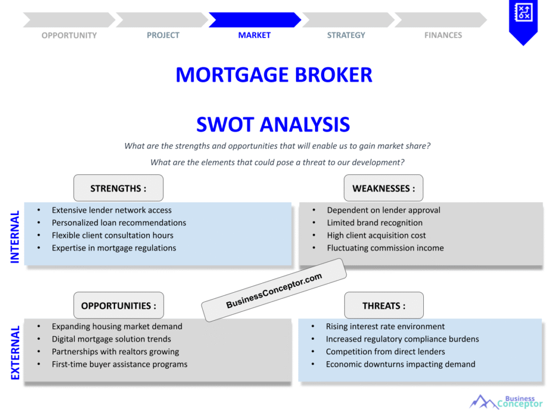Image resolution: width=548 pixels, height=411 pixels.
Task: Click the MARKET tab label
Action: click(254, 35)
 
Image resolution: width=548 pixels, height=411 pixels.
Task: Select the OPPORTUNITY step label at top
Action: click(69, 35)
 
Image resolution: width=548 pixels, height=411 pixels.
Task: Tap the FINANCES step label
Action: click(443, 35)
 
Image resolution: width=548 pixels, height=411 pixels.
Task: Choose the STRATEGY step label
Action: click(346, 35)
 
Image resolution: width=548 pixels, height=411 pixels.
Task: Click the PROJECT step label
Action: click(163, 35)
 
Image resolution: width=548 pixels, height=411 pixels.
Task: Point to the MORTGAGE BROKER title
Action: click(273, 75)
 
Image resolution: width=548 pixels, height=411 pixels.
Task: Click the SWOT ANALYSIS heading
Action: click(273, 125)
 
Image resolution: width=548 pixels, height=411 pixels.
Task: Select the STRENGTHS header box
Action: click(118, 188)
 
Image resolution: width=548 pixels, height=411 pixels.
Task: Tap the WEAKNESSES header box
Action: click(383, 188)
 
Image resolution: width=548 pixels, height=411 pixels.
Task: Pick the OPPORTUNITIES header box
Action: click(118, 306)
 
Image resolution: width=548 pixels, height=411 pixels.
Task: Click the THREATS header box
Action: click(384, 306)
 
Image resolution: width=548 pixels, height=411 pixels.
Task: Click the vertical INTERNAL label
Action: click(15, 237)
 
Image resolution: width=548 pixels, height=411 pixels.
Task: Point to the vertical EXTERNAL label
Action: click(15, 353)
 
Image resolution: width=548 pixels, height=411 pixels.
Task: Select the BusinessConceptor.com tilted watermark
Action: click(274, 291)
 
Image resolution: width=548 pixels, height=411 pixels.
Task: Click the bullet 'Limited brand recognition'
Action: click(375, 223)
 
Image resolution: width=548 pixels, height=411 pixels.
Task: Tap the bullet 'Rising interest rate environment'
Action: click(385, 326)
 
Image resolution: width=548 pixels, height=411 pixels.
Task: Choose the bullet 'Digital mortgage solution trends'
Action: click(111, 339)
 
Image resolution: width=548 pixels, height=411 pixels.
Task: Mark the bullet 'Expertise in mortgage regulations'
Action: click(114, 248)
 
